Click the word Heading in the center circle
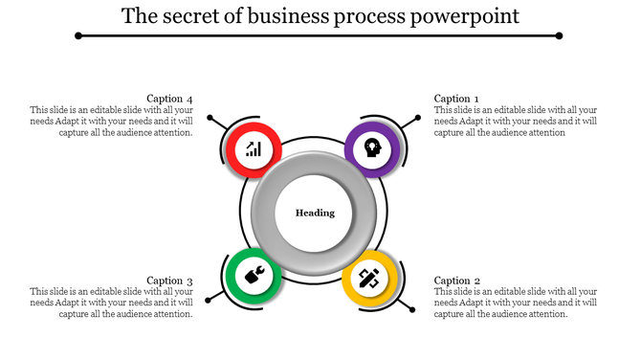coord(315,213)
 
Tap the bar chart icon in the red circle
coord(254,148)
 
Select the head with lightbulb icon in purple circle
coord(371,148)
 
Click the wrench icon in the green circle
coord(254,277)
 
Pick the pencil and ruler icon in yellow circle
coord(370,279)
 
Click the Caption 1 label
coord(456,99)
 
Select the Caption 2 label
coord(456,281)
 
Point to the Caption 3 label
coord(169,281)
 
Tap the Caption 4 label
coord(169,99)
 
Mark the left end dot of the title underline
coord(78,35)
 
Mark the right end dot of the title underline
coord(559,35)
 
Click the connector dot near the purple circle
coord(417,118)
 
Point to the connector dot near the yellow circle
coord(414,308)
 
